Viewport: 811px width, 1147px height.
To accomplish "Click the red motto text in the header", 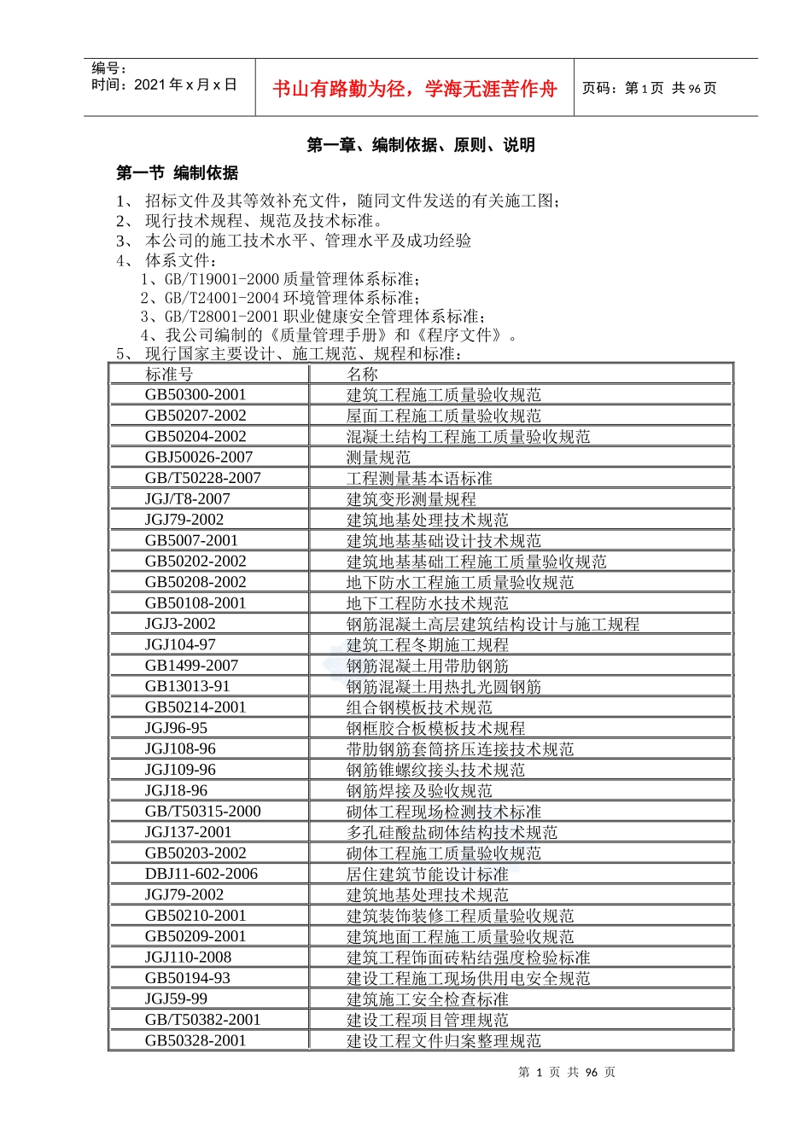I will pos(414,89).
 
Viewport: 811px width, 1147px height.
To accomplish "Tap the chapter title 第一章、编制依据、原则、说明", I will pos(421,145).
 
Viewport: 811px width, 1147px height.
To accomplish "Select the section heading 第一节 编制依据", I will pos(178,173).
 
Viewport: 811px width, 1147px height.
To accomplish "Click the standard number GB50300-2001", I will pos(195,395).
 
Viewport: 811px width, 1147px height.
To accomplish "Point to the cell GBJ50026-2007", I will pos(199,457).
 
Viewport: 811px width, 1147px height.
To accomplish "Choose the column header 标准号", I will pos(169,375).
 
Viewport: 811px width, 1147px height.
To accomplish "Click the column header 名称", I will pos(362,375).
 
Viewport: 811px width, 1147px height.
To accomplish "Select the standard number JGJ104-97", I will pos(180,645).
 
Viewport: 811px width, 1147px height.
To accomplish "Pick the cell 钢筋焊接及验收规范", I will pos(419,791).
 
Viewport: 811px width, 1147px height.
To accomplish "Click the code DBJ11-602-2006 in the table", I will pos(201,874).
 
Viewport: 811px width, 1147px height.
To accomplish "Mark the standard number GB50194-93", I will pos(188,978).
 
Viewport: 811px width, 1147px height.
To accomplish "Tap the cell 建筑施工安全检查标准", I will pos(427,999).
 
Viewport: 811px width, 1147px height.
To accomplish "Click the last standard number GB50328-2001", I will pos(195,1041).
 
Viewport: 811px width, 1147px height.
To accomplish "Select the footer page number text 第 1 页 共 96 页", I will pos(566,1073).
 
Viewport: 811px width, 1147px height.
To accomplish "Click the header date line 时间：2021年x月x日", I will pos(164,84).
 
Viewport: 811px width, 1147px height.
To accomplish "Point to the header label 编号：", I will pos(108,68).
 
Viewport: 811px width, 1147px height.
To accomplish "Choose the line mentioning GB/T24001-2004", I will pos(280,298).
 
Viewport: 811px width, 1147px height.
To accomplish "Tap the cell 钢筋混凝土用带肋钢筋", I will pos(427,666).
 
